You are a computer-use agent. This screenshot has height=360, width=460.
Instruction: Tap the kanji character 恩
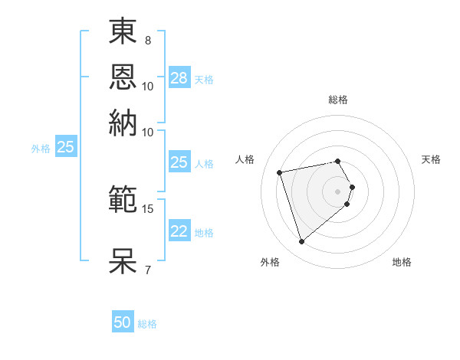pyautogui.click(x=123, y=77)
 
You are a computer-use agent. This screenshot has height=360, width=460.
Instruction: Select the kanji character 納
pyautogui.click(x=123, y=123)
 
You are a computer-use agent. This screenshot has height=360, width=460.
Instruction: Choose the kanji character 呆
pyautogui.click(x=123, y=260)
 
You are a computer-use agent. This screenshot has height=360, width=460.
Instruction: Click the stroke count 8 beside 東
pyautogui.click(x=148, y=39)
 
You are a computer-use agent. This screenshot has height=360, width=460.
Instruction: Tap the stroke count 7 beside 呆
pyautogui.click(x=148, y=269)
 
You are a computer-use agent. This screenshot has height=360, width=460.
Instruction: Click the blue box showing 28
pyautogui.click(x=179, y=78)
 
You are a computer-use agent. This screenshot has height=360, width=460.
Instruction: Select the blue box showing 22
pyautogui.click(x=179, y=231)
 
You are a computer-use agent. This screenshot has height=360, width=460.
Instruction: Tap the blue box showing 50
pyautogui.click(x=123, y=322)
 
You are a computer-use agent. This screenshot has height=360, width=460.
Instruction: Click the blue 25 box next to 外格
pyautogui.click(x=65, y=147)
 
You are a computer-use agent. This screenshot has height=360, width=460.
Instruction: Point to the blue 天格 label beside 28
pyautogui.click(x=204, y=80)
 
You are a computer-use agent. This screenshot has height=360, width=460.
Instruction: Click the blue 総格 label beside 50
pyautogui.click(x=147, y=324)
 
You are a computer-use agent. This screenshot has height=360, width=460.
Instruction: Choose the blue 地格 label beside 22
pyautogui.click(x=204, y=233)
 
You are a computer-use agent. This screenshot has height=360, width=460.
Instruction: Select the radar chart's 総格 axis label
pyautogui.click(x=338, y=100)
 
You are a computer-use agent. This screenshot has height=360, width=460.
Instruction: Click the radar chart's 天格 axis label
pyautogui.click(x=432, y=159)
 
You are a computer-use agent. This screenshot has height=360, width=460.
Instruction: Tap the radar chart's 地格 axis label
pyautogui.click(x=402, y=262)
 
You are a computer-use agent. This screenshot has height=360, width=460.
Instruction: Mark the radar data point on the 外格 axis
pyautogui.click(x=302, y=242)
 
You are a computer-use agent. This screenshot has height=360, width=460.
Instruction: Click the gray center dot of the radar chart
pyautogui.click(x=338, y=191)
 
